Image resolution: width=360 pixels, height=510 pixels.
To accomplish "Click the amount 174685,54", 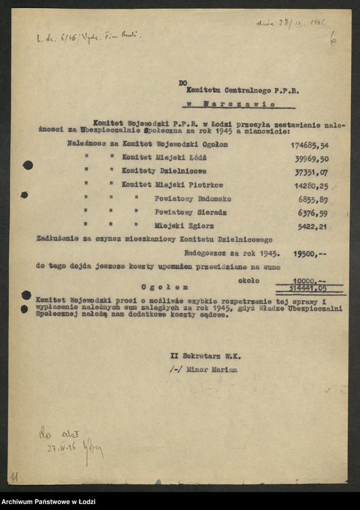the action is coord(309,146).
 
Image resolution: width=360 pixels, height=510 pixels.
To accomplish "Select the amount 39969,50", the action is coord(311,159).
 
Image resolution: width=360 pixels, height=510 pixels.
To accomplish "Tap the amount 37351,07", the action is coord(311,172).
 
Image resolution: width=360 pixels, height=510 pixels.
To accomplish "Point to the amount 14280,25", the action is coord(312,186).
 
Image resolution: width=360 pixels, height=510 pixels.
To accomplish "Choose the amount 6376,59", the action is coord(314,213).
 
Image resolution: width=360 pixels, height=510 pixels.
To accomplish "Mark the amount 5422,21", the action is coord(314,226).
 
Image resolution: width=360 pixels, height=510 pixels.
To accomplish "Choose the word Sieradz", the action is coord(208,213).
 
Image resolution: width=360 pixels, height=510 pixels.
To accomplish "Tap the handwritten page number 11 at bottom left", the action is coord(14,477).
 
